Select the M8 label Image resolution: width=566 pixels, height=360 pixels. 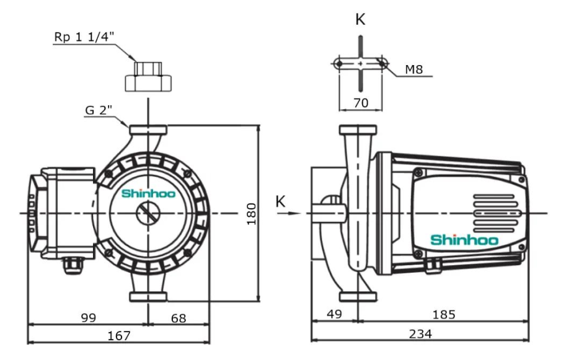[414, 69]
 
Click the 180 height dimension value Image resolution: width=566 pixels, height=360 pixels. [252, 214]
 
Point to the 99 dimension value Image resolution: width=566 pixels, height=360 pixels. [89, 318]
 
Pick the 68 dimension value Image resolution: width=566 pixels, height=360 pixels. [178, 318]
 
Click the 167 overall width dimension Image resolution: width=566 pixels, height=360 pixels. [119, 335]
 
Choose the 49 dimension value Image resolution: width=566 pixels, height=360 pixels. [334, 315]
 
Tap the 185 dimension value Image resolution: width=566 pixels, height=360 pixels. [443, 315]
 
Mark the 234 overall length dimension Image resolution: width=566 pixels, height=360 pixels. [420, 334]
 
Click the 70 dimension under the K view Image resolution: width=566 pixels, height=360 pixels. [360, 102]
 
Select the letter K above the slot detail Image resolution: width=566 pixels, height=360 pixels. [360, 19]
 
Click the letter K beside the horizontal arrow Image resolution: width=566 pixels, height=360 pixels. [281, 202]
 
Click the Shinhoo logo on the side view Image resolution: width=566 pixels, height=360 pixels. [464, 240]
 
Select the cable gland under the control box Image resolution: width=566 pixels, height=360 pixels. [72, 265]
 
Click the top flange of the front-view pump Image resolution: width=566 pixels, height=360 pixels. [148, 131]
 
